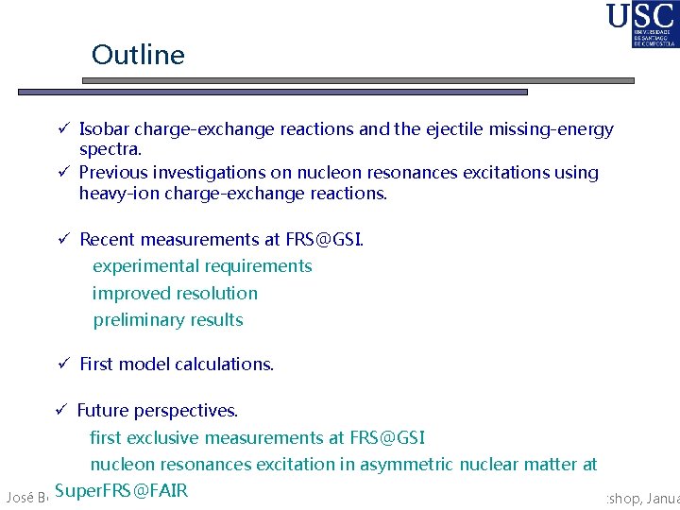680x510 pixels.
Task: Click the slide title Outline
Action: point(138,55)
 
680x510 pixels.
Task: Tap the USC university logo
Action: point(641,25)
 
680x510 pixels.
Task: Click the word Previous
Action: point(114,173)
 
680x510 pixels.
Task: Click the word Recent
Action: point(109,240)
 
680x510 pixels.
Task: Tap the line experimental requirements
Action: point(202,266)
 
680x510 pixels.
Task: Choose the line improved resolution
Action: point(175,294)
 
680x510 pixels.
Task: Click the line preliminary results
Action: point(168,320)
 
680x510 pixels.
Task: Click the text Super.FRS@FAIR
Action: point(122,490)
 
